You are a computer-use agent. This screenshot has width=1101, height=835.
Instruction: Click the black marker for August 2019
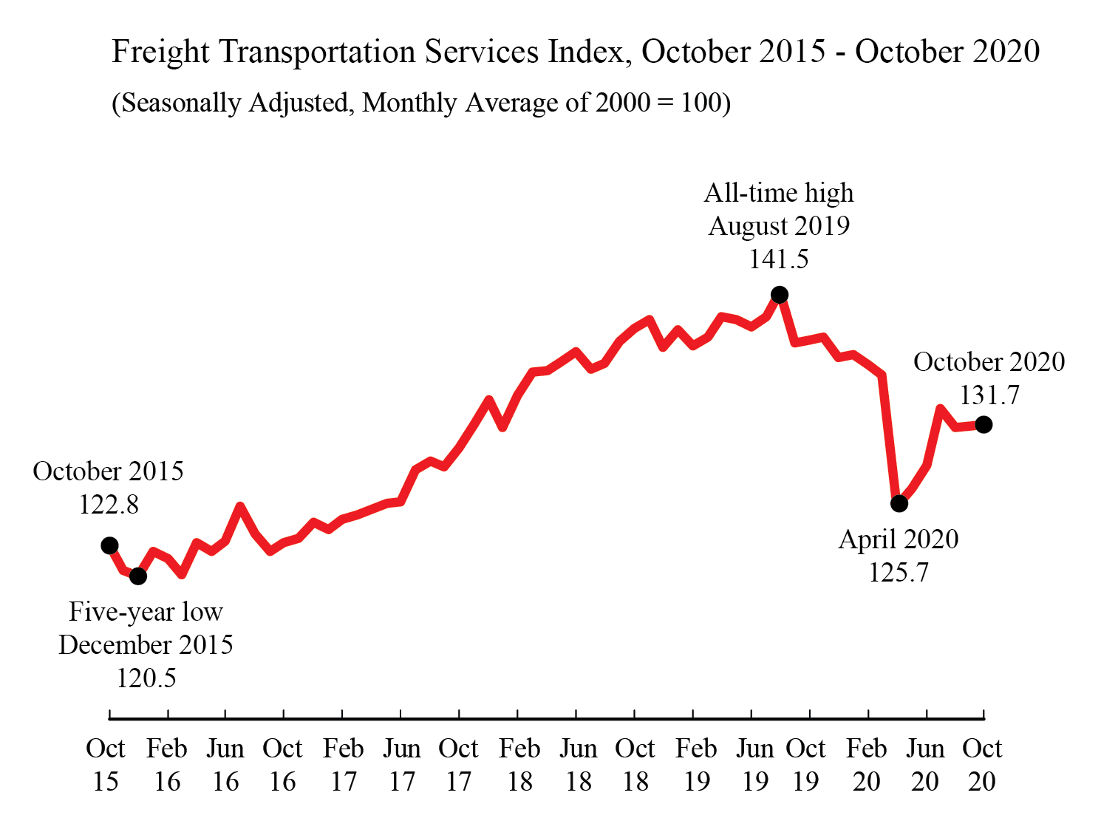[779, 295]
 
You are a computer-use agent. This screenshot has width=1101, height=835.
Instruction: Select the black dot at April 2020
[899, 503]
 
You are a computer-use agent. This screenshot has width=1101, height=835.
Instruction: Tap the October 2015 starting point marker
[109, 545]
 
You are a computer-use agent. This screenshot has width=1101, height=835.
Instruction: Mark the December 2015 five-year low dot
[138, 576]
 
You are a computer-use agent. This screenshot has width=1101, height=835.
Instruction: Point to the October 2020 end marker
[984, 424]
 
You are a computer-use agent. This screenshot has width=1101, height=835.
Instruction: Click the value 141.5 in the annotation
[779, 259]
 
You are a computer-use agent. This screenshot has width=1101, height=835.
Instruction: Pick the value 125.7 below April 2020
[899, 573]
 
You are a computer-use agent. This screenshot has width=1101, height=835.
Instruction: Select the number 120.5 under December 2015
[146, 678]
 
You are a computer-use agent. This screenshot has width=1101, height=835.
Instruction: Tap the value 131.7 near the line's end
[989, 395]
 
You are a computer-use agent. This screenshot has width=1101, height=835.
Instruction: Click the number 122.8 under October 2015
[109, 505]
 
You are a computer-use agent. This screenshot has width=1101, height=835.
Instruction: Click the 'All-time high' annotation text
[779, 193]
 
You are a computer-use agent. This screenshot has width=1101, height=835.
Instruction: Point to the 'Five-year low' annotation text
[146, 612]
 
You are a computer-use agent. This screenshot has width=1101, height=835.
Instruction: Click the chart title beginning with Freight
[576, 52]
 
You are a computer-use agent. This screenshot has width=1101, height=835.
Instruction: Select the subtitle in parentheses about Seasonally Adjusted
[421, 103]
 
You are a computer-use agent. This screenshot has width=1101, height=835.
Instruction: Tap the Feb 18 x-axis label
[519, 765]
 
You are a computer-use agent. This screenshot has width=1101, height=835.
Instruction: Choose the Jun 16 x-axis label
[225, 765]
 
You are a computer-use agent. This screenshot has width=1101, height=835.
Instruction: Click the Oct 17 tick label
[458, 765]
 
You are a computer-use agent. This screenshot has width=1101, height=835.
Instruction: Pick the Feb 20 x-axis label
[866, 765]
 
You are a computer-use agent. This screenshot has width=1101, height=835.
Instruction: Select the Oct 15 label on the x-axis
[106, 765]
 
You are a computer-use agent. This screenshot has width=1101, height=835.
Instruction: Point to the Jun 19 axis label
[754, 765]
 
